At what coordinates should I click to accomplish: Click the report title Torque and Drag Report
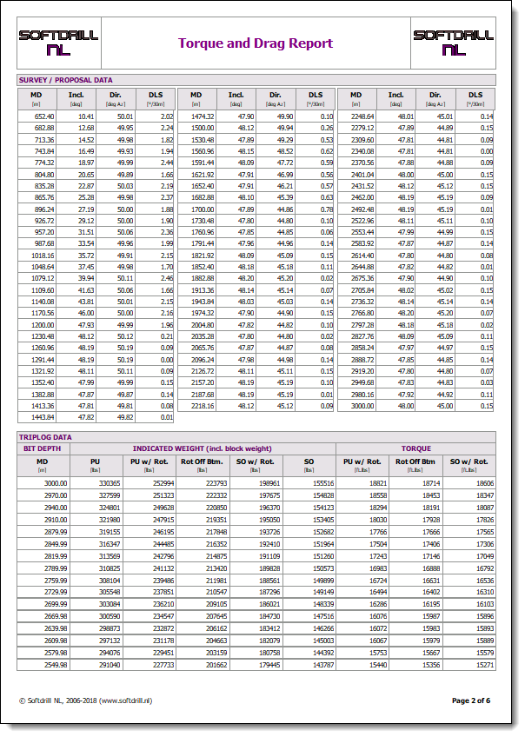pyautogui.click(x=256, y=43)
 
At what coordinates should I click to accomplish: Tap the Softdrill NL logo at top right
pyautogui.click(x=453, y=42)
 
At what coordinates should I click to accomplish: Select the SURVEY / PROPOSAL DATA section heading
pyautogui.click(x=66, y=80)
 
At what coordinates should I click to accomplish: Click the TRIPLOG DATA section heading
pyautogui.click(x=45, y=436)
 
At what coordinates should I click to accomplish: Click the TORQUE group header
pyautogui.click(x=415, y=448)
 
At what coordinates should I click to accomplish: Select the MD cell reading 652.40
pyautogui.click(x=43, y=116)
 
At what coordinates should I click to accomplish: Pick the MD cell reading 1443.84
pyautogui.click(x=43, y=417)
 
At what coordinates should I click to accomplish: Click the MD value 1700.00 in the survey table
pyautogui.click(x=203, y=209)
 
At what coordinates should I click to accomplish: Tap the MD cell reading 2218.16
pyautogui.click(x=203, y=405)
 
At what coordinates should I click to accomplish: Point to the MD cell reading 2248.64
pyautogui.click(x=362, y=116)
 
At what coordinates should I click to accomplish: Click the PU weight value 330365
pyautogui.click(x=110, y=482)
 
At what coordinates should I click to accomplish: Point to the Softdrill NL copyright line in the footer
pyautogui.click(x=85, y=700)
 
